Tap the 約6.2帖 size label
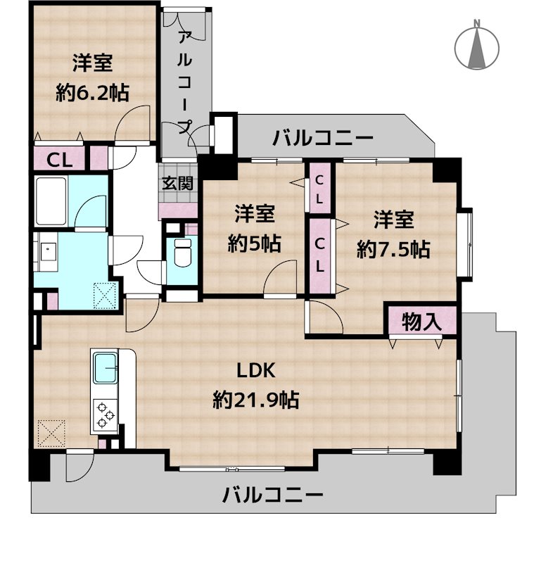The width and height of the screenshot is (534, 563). pos(92,91)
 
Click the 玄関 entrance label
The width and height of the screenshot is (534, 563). pos(177,184)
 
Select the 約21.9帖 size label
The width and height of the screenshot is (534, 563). pos(256,400)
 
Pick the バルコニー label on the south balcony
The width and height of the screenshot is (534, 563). pos(273,495)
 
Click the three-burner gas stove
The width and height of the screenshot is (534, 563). pos(105,415)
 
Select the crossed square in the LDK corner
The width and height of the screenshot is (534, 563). pos(51,431)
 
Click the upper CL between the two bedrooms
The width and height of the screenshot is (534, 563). pos(319,189)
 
